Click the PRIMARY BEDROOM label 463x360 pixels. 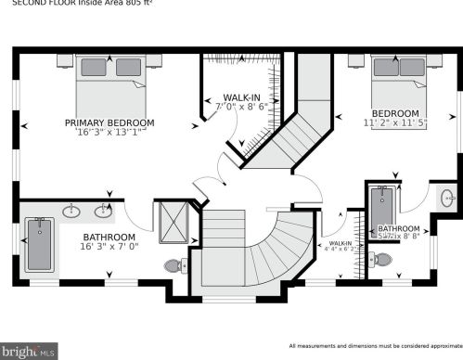pyautogui.click(x=109, y=122)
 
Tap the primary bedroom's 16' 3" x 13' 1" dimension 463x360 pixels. pyautogui.click(x=109, y=133)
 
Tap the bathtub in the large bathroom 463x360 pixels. pyautogui.click(x=39, y=245)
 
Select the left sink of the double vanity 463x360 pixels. pyautogui.click(x=71, y=212)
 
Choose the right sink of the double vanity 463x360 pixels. pyautogui.click(x=101, y=212)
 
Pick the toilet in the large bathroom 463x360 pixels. pyautogui.click(x=174, y=266)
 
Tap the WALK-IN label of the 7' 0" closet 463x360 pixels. pyautogui.click(x=241, y=97)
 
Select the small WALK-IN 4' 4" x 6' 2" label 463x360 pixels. pyautogui.click(x=340, y=245)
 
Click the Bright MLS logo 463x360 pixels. pyautogui.click(x=29, y=351)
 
